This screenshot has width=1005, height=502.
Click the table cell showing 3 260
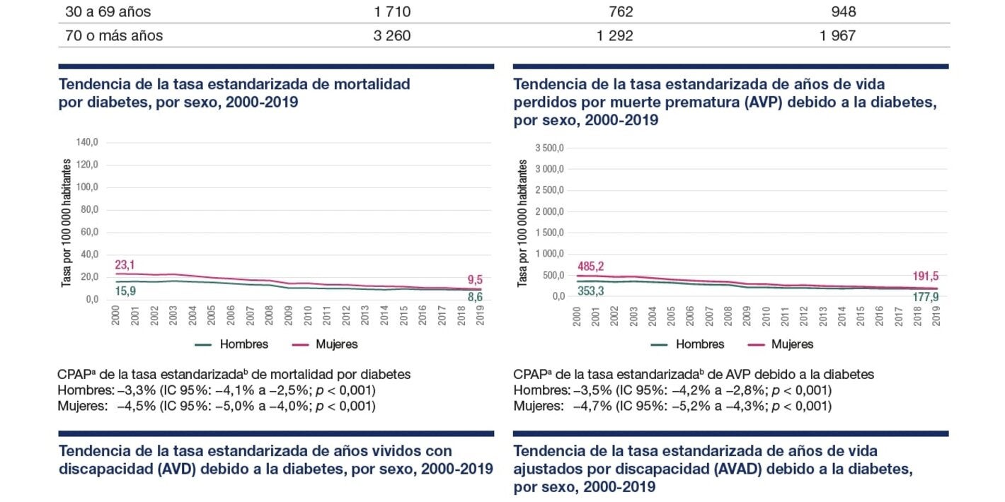pos(391,35)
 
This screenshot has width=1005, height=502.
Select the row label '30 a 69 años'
pos(108,12)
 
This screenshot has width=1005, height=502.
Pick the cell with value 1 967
pos(837,35)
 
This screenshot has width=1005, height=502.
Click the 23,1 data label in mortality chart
pos(126,264)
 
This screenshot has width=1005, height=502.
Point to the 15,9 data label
pos(126,291)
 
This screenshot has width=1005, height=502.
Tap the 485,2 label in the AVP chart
pos(591,267)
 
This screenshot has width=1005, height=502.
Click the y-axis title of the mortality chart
pos(67,221)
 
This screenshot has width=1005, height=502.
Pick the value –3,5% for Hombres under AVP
pos(593,390)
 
